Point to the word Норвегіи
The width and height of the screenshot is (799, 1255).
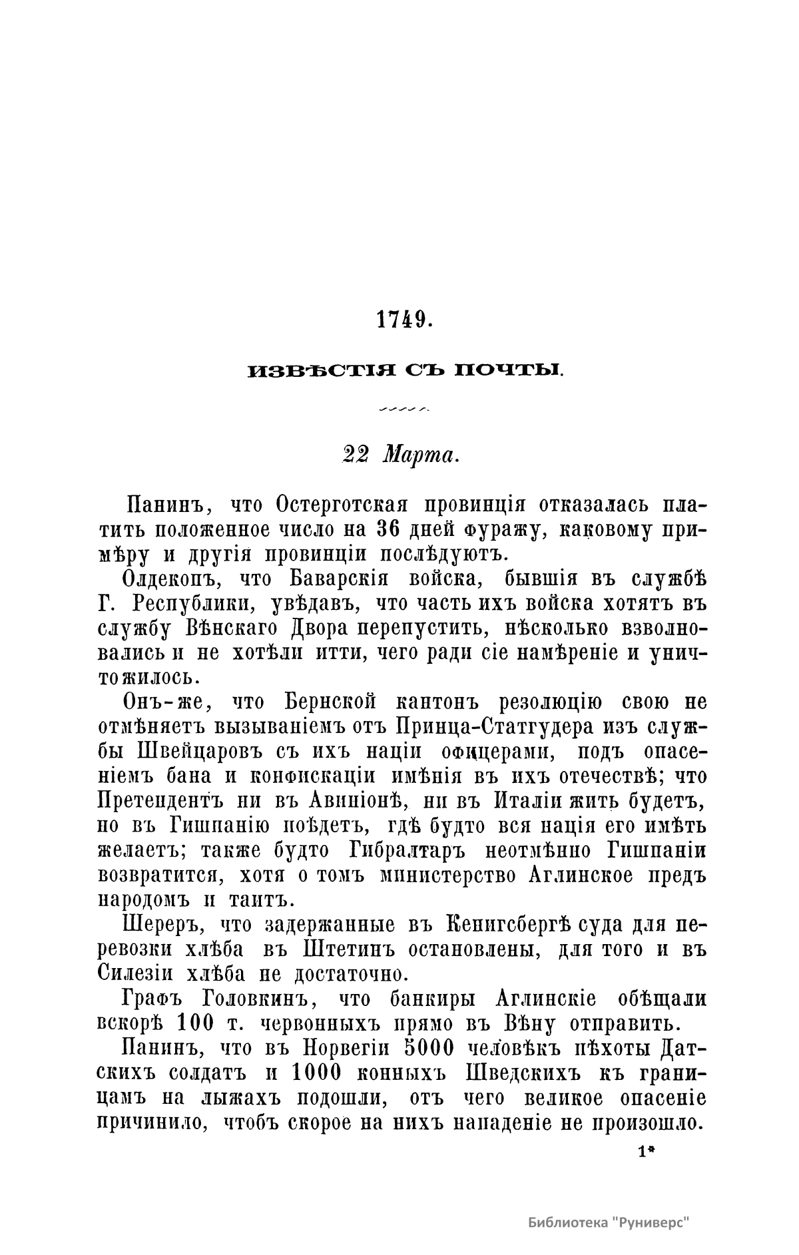pos(346,1048)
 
